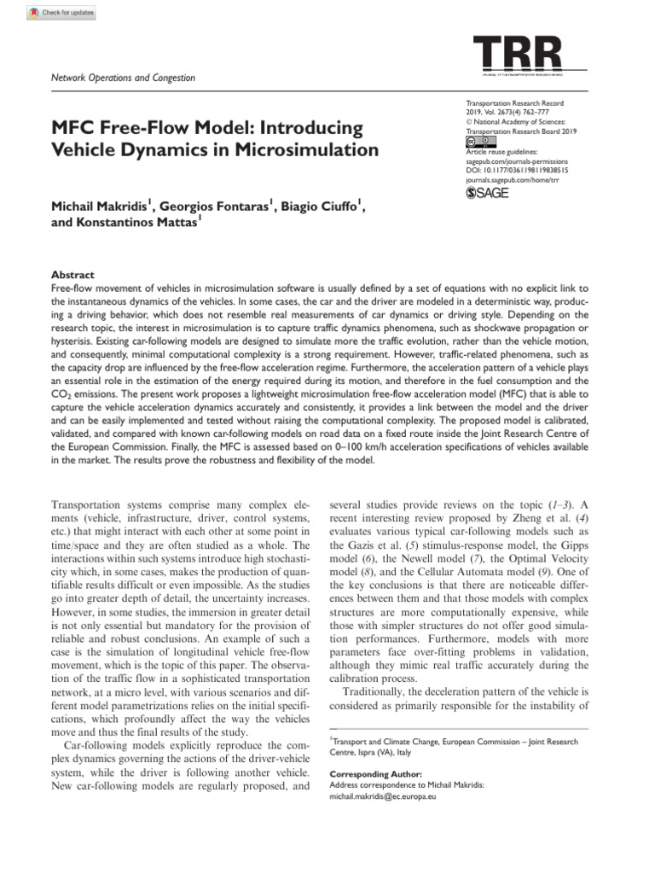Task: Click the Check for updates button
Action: click(x=61, y=13)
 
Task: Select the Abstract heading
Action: click(x=72, y=276)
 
